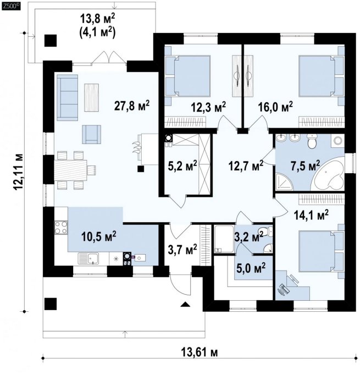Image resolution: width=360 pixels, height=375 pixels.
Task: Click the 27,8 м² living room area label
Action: coord(132,106)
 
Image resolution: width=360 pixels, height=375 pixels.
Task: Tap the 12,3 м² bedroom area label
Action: coord(208,107)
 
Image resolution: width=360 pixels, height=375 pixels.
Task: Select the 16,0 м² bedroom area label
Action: coord(275,107)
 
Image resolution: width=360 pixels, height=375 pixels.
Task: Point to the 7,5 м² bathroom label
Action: coord(305,166)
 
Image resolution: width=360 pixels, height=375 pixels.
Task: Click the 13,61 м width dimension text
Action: coord(200,352)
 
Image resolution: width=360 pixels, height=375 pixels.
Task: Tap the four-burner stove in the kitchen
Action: coord(61,228)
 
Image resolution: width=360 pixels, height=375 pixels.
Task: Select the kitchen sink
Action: coord(88,258)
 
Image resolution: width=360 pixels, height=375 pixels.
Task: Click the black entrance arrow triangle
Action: coord(186,304)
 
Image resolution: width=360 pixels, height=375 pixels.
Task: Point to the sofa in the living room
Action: coord(68,97)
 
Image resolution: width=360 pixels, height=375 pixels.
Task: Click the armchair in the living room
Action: coord(91,134)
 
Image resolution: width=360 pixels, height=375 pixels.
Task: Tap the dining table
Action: coord(70,170)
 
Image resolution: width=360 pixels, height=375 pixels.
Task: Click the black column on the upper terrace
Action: coord(51,41)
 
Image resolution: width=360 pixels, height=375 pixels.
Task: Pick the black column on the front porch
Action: coord(51,304)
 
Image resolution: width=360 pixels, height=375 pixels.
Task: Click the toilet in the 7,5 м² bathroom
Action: coord(312,141)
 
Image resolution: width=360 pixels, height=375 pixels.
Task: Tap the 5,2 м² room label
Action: coord(182,166)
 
